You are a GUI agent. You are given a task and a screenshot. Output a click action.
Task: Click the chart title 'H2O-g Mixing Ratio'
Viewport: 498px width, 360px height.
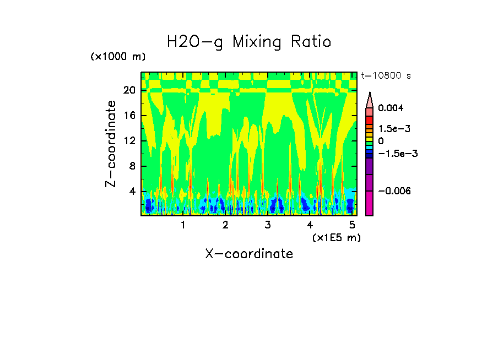(x=249, y=42)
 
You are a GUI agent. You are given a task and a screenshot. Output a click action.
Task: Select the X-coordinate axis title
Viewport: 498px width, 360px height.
(x=249, y=254)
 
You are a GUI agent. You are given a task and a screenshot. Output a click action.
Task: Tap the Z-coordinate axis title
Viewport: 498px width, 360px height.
(x=112, y=144)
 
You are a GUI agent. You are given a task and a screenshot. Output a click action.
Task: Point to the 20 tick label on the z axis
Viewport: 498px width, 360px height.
(x=129, y=90)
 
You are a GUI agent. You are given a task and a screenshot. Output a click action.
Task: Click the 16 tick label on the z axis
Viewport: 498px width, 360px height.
(x=129, y=116)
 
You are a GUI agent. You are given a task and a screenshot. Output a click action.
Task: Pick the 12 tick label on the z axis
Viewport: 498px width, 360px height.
(x=129, y=141)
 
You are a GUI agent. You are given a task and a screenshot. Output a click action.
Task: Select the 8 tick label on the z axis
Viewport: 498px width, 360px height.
(x=132, y=166)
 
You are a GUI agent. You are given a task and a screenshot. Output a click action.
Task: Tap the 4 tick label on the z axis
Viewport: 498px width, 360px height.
(x=132, y=192)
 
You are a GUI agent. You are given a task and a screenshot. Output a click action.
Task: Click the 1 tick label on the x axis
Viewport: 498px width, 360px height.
(x=183, y=225)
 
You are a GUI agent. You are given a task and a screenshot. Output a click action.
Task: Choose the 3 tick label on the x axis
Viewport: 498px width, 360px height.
(x=267, y=225)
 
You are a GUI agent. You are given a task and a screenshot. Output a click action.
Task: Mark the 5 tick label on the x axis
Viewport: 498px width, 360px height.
(x=352, y=225)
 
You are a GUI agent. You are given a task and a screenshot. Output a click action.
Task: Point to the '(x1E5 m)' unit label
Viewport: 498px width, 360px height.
(x=336, y=237)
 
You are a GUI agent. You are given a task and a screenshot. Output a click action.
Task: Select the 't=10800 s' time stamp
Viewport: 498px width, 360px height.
(x=386, y=75)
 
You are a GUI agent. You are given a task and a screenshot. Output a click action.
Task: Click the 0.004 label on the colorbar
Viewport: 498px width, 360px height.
(x=391, y=108)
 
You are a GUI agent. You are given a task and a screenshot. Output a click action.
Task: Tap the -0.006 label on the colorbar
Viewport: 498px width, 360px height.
(x=393, y=190)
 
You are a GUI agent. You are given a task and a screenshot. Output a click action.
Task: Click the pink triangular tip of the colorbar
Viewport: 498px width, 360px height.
(x=370, y=99)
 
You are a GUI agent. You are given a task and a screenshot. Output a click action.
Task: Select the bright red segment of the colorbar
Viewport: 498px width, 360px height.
(x=370, y=120)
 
